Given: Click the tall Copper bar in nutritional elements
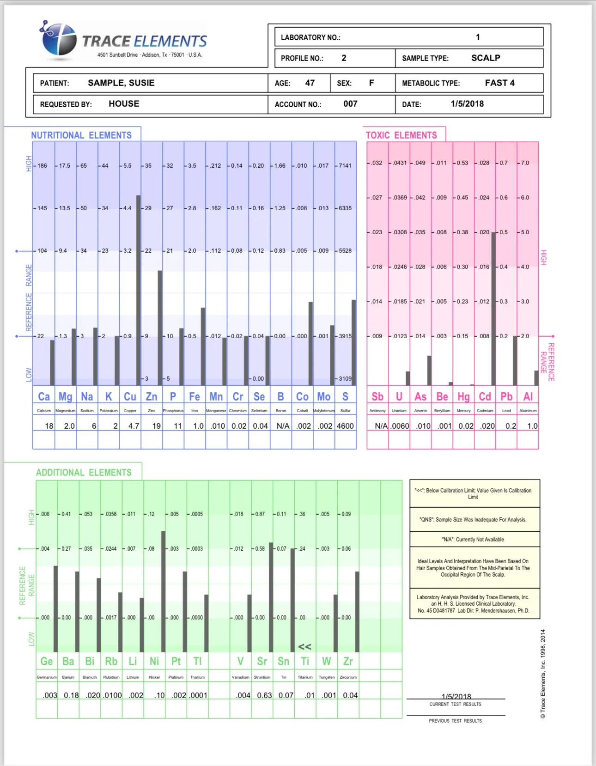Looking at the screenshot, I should tap(139, 291).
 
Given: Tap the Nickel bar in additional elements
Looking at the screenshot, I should tap(164, 591).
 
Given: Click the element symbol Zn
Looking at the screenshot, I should tap(152, 397).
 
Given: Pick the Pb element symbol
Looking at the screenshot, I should tap(506, 397).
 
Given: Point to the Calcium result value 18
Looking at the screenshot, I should tap(49, 426).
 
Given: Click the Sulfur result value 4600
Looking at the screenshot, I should tap(345, 426).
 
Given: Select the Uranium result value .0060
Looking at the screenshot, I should tap(400, 426).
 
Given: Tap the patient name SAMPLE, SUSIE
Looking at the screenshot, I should tap(121, 83).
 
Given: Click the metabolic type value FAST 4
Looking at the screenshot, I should tap(499, 83).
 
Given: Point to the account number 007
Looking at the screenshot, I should tap(350, 104).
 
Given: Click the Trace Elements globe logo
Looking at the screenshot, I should tap(59, 40).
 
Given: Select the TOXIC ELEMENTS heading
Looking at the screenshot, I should tap(401, 135).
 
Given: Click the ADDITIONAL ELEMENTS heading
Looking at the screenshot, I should tap(84, 473).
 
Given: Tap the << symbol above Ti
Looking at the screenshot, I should tap(304, 647).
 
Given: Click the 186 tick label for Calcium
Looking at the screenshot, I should tap(42, 166).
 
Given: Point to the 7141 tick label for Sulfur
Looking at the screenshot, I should tap(345, 166).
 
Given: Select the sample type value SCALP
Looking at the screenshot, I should tap(486, 58).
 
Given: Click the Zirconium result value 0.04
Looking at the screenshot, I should tap(350, 695).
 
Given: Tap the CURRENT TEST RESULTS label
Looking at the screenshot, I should tap(455, 705).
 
